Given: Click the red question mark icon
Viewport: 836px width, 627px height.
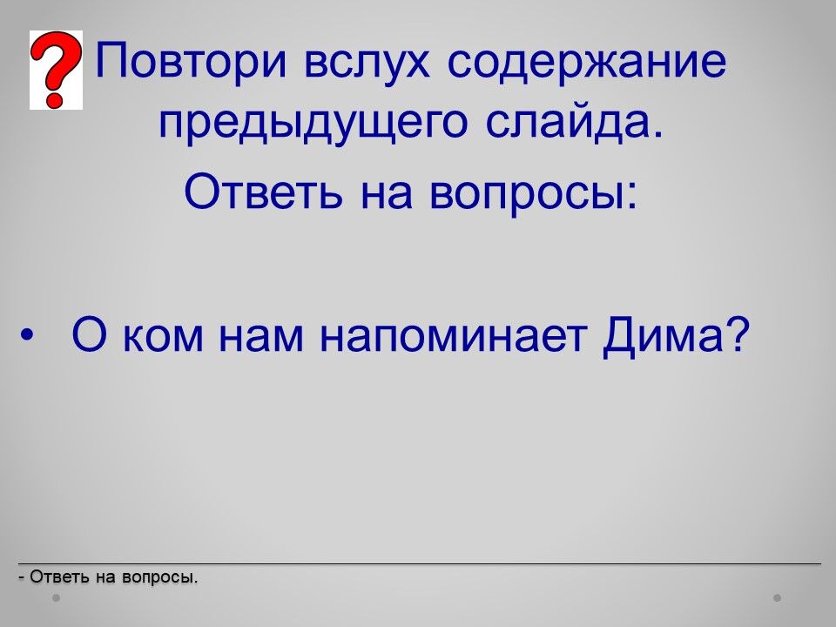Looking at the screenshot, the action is coord(56,70).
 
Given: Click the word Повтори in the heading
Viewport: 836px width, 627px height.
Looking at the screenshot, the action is coord(192,61).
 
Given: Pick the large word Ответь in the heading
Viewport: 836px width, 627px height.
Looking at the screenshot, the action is coord(263,192).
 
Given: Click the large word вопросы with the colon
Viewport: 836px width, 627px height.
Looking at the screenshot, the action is coord(533,194).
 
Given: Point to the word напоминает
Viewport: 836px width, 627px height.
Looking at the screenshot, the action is coord(453,339).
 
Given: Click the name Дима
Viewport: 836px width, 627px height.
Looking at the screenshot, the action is coord(663,337).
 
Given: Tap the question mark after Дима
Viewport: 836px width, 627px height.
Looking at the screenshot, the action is coord(738,334).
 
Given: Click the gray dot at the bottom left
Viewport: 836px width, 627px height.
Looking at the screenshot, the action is coord(56,598).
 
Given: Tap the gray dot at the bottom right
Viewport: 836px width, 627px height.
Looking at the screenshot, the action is coord(778,598).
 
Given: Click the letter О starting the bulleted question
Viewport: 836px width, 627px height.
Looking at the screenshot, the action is coord(89,334).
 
